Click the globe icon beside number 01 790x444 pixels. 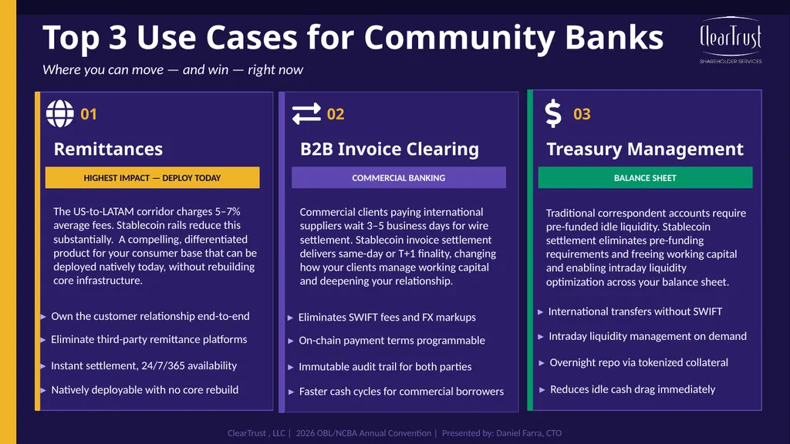(x=60, y=113)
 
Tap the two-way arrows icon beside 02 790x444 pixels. (x=306, y=113)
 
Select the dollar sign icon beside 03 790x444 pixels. (x=553, y=113)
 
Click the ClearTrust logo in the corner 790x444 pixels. (x=731, y=40)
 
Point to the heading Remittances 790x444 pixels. (x=108, y=149)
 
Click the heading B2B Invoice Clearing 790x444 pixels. (x=390, y=149)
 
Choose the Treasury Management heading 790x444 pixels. (x=645, y=149)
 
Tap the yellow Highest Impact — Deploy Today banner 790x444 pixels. (x=153, y=178)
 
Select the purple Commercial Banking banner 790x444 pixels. (x=399, y=178)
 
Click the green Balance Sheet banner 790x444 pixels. (x=646, y=178)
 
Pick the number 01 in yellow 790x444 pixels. (x=89, y=114)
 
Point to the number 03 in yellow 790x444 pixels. (x=582, y=114)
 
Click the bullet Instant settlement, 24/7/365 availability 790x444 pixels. (x=143, y=365)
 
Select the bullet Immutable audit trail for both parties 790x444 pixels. (x=385, y=366)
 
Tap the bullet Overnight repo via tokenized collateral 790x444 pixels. (x=639, y=362)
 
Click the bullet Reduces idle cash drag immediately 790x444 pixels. (x=633, y=389)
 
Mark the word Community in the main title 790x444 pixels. (x=459, y=39)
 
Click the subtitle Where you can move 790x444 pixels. (x=103, y=69)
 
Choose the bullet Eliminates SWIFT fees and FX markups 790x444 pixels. (x=387, y=317)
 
